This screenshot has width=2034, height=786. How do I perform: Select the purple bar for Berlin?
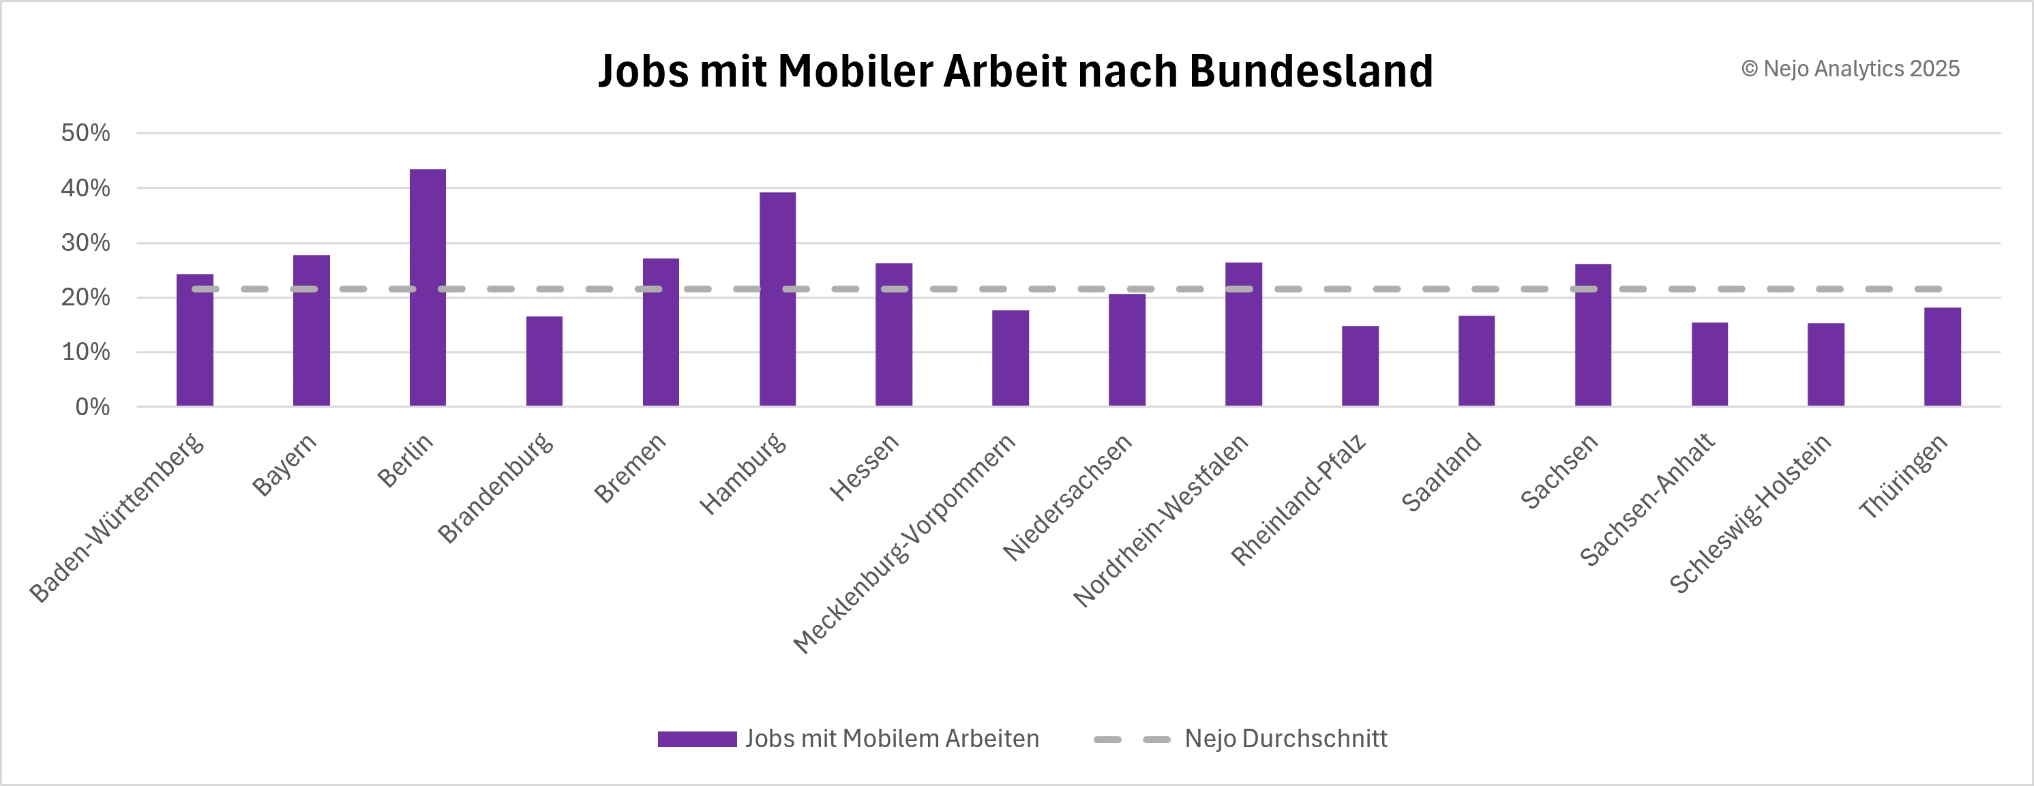427,288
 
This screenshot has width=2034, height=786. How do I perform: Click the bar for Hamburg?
778,300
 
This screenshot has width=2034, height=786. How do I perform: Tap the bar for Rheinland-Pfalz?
1360,366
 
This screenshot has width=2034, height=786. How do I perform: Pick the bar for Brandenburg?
544,361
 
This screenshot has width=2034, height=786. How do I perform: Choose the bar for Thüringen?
1943,357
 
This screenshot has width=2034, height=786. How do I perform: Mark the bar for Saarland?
1476,361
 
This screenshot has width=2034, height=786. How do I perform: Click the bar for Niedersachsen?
1126,350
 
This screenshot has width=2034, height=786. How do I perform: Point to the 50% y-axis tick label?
85,132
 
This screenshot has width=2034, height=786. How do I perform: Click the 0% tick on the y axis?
92,407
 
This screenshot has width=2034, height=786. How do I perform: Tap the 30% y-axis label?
85,242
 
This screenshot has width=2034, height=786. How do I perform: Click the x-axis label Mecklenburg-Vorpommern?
905,544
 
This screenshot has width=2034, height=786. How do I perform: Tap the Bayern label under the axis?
284,464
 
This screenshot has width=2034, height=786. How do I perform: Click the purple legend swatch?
696,740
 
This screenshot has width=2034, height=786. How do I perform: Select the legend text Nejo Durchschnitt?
1285,739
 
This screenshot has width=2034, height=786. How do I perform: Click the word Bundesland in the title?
1311,71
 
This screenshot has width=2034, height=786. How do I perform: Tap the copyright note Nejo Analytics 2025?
1850,70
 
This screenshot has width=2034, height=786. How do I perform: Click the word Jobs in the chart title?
644,71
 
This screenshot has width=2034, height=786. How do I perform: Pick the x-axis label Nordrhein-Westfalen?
1161,521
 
